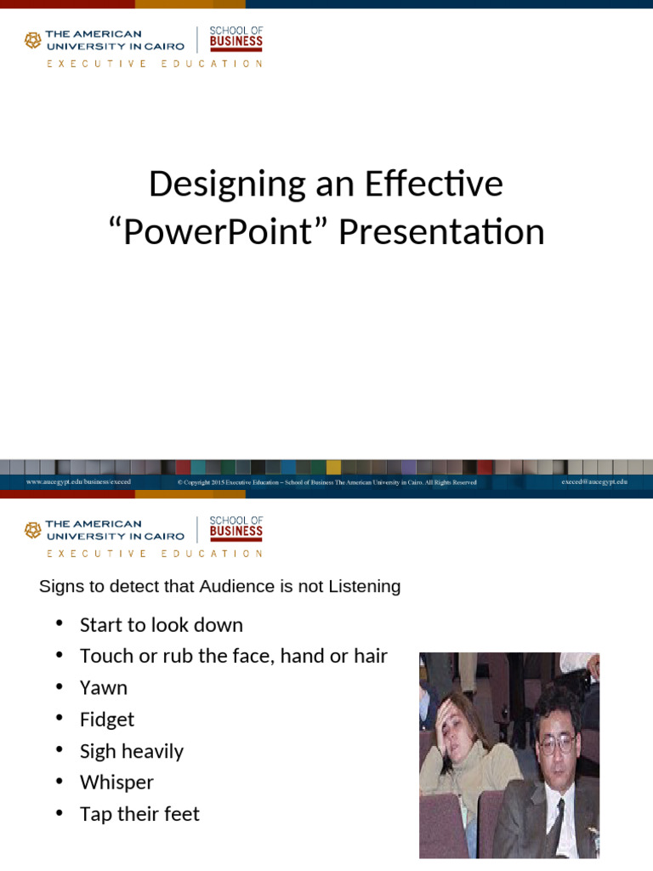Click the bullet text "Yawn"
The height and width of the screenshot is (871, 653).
pyautogui.click(x=103, y=687)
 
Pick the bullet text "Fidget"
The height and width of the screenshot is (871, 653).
pyautogui.click(x=107, y=719)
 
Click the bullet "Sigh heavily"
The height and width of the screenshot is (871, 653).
pyautogui.click(x=131, y=750)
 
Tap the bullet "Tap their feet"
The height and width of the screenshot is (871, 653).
pyautogui.click(x=139, y=813)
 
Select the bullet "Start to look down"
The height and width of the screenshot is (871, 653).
pyautogui.click(x=161, y=624)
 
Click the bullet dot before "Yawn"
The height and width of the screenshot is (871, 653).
pyautogui.click(x=60, y=686)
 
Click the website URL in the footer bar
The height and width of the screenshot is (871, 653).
pyautogui.click(x=78, y=481)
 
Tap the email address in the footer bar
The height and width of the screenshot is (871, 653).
pyautogui.click(x=593, y=481)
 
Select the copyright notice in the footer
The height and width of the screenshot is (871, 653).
pyautogui.click(x=326, y=482)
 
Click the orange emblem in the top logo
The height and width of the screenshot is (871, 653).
pyautogui.click(x=32, y=40)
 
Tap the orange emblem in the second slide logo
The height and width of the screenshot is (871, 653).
pyautogui.click(x=32, y=530)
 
